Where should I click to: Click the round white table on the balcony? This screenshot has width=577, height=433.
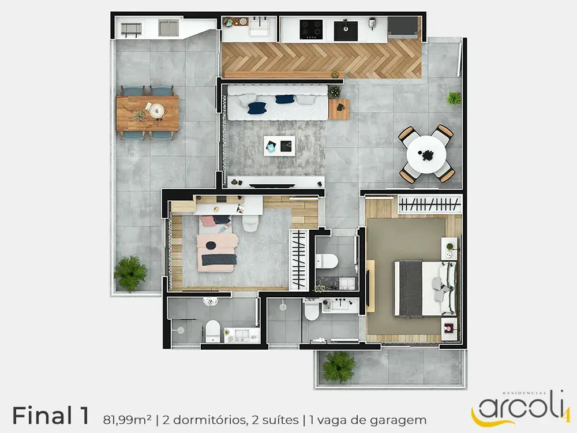click(426, 155)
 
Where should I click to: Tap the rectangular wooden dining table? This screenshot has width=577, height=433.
click(148, 113)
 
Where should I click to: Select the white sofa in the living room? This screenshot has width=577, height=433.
click(278, 103)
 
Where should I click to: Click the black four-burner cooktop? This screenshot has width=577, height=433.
click(312, 29)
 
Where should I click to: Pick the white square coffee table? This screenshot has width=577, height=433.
click(279, 146)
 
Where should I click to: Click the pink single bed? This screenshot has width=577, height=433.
click(217, 244)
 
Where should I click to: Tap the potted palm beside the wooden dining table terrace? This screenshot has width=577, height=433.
click(130, 273)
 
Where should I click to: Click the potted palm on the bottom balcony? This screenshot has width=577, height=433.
click(339, 367)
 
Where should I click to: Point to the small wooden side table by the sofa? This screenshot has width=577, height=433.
click(339, 109)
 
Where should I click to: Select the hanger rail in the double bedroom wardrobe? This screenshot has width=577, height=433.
click(430, 204)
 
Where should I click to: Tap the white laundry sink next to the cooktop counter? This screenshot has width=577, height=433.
click(260, 28)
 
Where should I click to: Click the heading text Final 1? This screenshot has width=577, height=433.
click(51, 416)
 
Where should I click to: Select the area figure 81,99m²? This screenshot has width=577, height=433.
click(128, 420)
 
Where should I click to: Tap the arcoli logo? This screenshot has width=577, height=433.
click(521, 408)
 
